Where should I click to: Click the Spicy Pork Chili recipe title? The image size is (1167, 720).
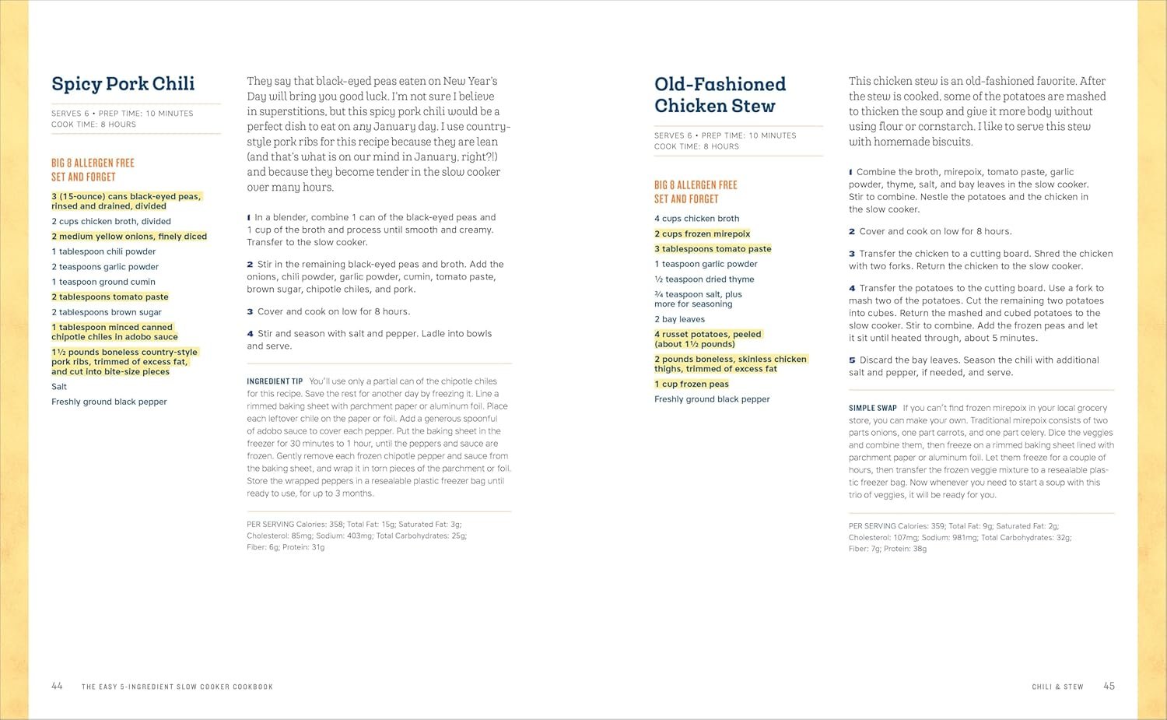pyautogui.click(x=123, y=84)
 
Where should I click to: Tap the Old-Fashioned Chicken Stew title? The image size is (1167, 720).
pyautogui.click(x=720, y=95)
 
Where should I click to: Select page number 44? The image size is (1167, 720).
pyautogui.click(x=57, y=686)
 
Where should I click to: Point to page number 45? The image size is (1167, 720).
pyautogui.click(x=1109, y=686)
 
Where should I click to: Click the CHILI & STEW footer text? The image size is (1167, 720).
pyautogui.click(x=1057, y=687)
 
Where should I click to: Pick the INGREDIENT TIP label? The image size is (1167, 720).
pyautogui.click(x=275, y=381)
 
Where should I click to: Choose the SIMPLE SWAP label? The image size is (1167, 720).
pyautogui.click(x=873, y=408)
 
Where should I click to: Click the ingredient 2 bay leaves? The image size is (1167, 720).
pyautogui.click(x=679, y=319)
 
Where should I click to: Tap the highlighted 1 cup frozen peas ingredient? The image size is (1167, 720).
pyautogui.click(x=691, y=384)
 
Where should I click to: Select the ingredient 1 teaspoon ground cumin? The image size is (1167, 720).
pyautogui.click(x=103, y=282)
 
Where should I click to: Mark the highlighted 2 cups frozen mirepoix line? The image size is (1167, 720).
pyautogui.click(x=702, y=234)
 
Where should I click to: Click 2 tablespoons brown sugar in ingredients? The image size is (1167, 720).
pyautogui.click(x=107, y=312)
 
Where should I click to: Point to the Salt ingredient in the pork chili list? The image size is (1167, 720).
pyautogui.click(x=59, y=386)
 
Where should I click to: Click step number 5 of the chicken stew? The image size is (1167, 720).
pyautogui.click(x=852, y=360)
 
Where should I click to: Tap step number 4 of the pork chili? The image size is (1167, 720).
pyautogui.click(x=250, y=334)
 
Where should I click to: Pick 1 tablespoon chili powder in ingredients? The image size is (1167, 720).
pyautogui.click(x=103, y=251)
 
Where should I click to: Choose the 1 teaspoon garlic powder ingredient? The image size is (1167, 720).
pyautogui.click(x=706, y=264)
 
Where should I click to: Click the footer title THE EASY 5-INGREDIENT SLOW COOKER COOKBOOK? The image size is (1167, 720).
pyautogui.click(x=177, y=687)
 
